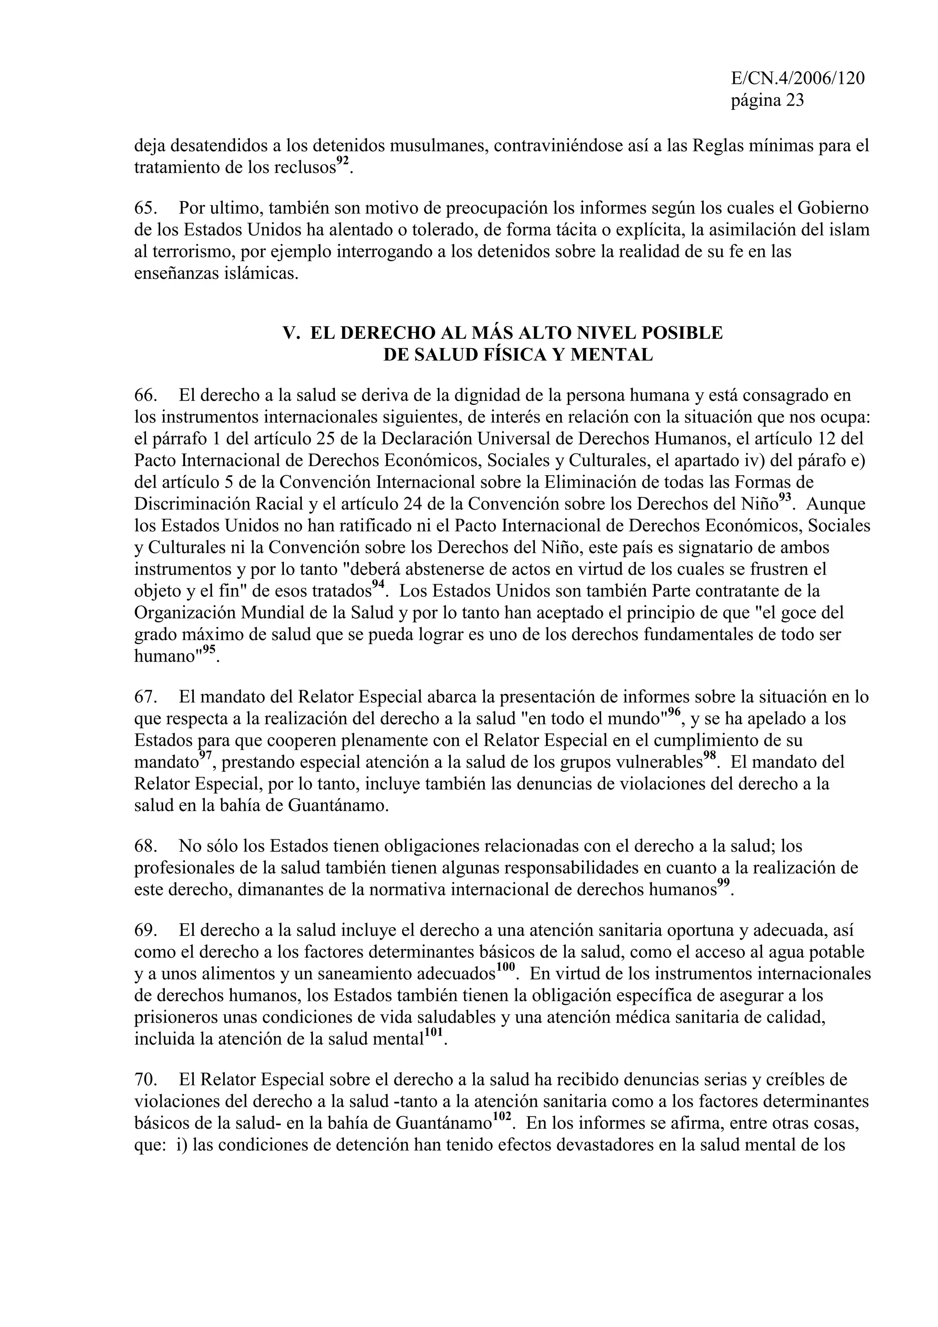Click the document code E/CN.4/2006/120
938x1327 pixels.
point(797,79)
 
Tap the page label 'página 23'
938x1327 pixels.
point(768,101)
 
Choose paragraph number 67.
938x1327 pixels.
point(146,697)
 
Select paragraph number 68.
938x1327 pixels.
point(146,846)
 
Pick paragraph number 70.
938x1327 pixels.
point(146,1080)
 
